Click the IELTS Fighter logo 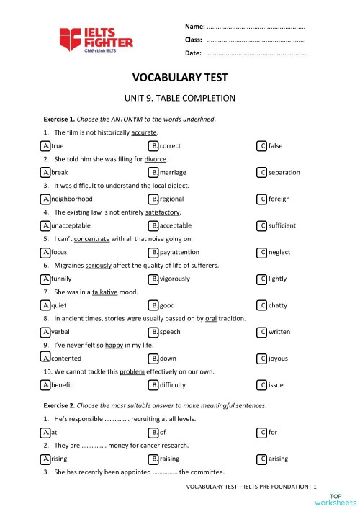tap(96, 40)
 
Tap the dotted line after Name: tap(256, 27)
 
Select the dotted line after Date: tap(256, 53)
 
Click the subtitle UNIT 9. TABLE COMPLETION tap(180, 99)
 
